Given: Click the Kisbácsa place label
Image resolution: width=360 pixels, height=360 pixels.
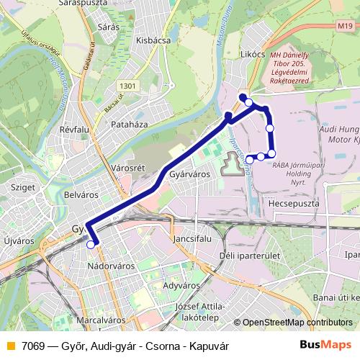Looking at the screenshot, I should pos(153,40).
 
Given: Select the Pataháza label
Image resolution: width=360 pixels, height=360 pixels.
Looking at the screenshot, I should pos(130,125).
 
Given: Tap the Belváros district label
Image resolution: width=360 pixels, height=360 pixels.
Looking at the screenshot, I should pos(81,194).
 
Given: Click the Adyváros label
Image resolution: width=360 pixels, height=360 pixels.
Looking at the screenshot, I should pos(181,285).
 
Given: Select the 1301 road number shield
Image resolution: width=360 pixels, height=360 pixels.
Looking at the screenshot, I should pos(128,86).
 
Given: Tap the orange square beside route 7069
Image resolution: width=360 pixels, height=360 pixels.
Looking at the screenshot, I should pos(10,346).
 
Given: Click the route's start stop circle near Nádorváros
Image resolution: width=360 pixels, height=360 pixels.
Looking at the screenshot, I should pos(91,245).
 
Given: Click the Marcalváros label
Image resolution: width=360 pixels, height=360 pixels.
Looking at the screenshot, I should pos(100,319).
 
